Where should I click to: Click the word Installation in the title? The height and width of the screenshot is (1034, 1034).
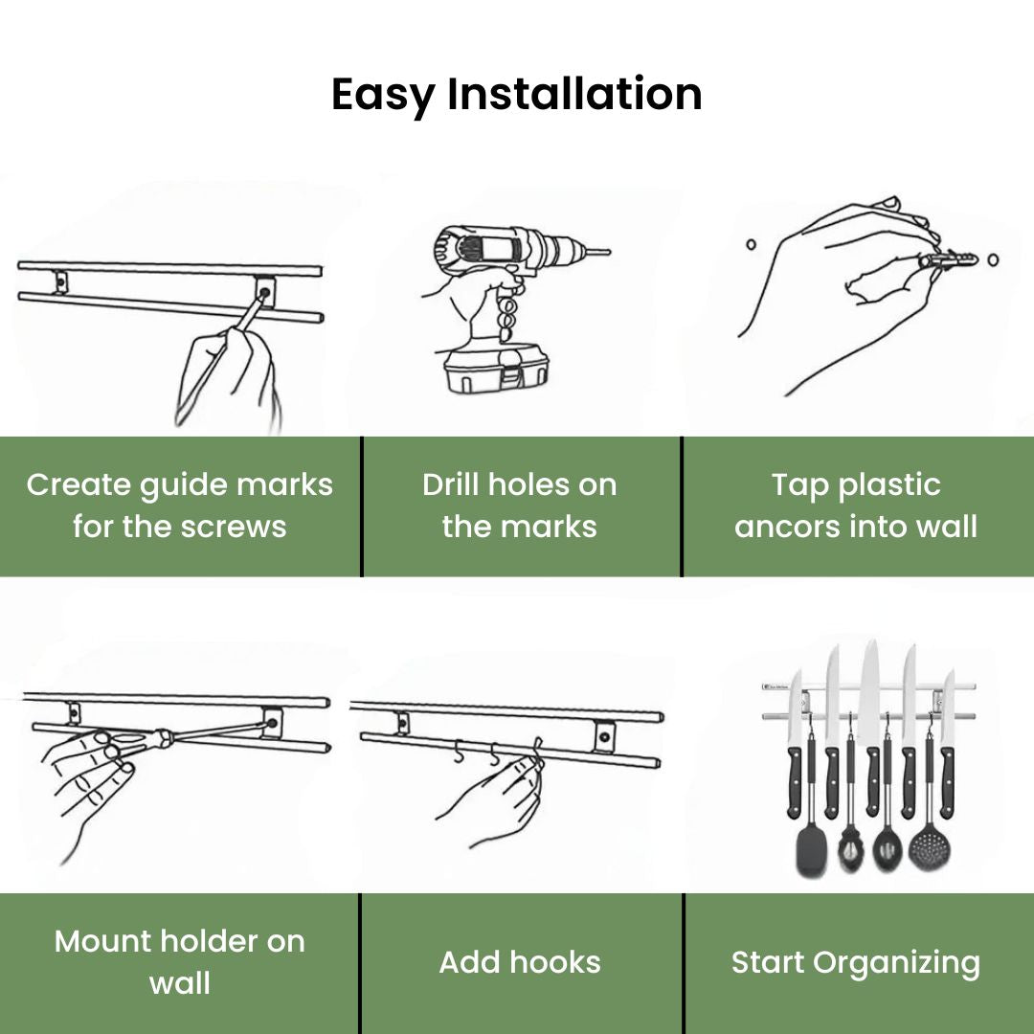tap(574, 95)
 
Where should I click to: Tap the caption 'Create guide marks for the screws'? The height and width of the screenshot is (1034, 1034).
tap(180, 506)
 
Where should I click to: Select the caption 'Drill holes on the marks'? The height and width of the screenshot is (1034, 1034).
tap(520, 506)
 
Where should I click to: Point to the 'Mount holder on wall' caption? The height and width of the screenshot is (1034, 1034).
tap(180, 961)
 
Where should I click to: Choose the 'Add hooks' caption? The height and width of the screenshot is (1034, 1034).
tap(520, 962)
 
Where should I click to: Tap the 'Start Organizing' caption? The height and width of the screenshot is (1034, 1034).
tap(856, 962)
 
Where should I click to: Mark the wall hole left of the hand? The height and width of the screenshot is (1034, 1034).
tap(752, 244)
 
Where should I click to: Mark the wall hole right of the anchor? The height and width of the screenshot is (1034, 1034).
tap(993, 258)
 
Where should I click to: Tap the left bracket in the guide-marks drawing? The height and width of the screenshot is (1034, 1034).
tap(60, 282)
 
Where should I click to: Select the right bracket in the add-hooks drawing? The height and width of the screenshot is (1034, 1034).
tap(605, 735)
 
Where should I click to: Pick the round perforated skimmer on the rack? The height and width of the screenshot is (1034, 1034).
tap(925, 847)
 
